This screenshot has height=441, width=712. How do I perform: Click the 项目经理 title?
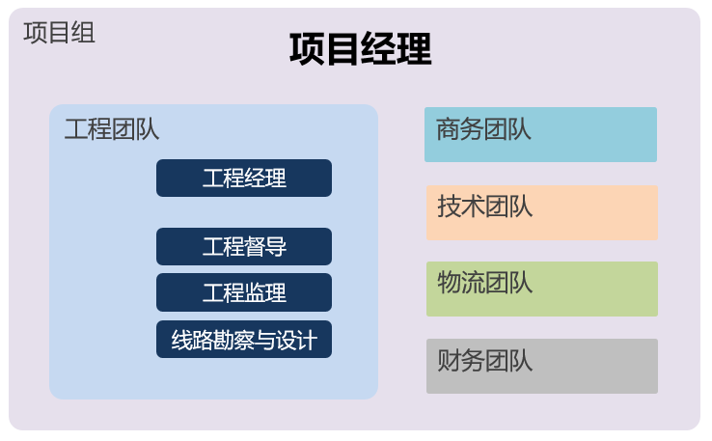(360, 49)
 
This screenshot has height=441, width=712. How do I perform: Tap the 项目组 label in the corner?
(59, 33)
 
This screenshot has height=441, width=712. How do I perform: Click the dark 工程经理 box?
(244, 179)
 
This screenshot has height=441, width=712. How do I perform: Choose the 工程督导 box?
(244, 246)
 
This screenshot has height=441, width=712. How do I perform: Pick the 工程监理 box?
(244, 292)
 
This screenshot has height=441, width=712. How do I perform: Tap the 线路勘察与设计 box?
(244, 340)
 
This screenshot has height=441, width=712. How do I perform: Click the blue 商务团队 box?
(540, 134)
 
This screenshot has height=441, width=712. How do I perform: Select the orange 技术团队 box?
(541, 212)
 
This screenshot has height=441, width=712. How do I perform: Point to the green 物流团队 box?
(541, 289)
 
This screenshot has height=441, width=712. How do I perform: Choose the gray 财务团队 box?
(541, 366)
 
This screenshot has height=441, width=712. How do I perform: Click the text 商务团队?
(483, 129)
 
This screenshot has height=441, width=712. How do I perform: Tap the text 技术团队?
(484, 207)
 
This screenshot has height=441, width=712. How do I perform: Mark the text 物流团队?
(484, 283)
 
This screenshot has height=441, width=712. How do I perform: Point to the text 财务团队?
(484, 361)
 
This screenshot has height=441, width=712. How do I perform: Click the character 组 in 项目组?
(83, 33)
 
